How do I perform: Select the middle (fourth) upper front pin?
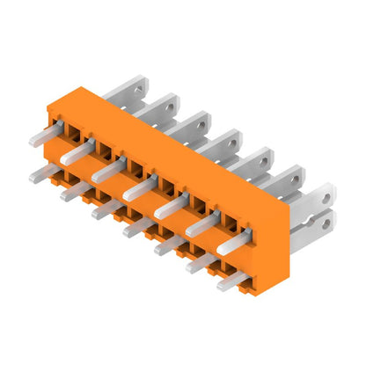[135, 189]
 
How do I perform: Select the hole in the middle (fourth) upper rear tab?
[235, 137]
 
